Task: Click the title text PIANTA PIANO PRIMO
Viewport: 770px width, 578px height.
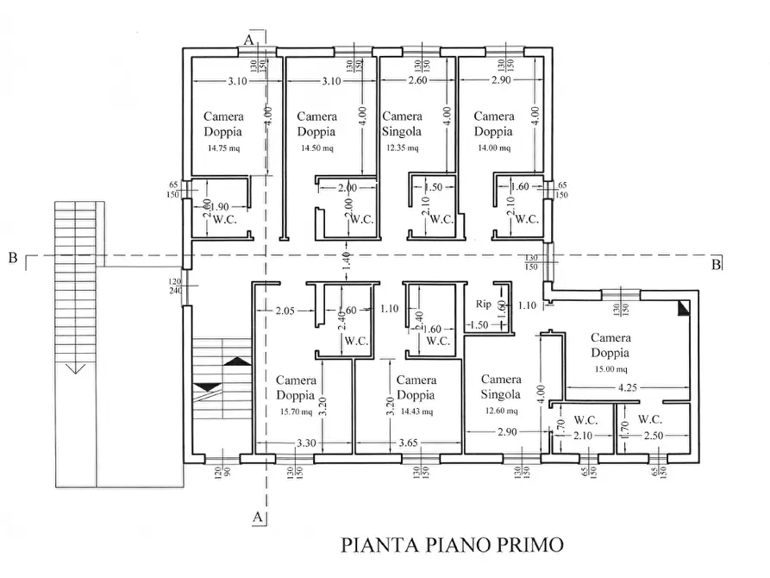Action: coord(452,545)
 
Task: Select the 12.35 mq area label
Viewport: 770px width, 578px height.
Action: coord(401,148)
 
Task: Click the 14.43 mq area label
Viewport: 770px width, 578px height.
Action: coord(416,412)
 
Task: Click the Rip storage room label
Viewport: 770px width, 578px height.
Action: coord(484,304)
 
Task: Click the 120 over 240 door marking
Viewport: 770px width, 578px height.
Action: coord(176,286)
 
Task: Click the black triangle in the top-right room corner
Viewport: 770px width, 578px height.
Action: coord(684,305)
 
